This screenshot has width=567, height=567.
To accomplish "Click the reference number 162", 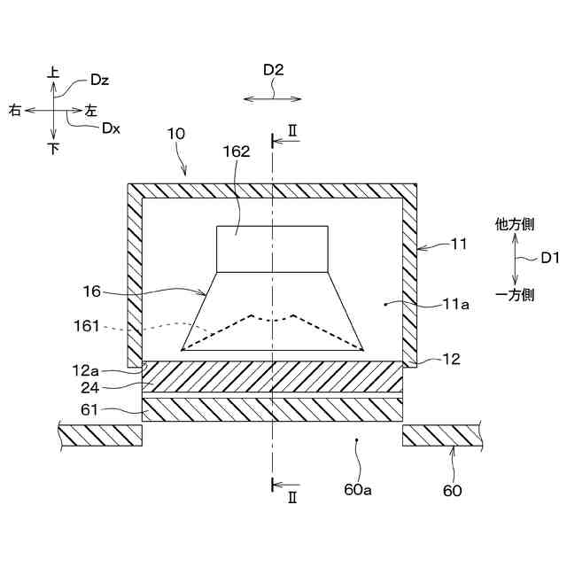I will point(237,151).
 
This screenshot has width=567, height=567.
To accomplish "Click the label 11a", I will point(456,304).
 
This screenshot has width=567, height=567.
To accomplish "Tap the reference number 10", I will point(175,134).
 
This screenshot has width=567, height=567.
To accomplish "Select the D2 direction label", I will point(273,68).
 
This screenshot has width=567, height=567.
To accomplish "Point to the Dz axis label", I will point(99,80).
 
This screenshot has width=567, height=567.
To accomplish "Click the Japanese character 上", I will point(54,73).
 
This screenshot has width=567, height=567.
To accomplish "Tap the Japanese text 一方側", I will point(514,295).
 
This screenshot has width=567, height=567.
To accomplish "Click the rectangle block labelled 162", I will point(273,249).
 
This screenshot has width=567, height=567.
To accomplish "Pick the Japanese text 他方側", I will point(514,225).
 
